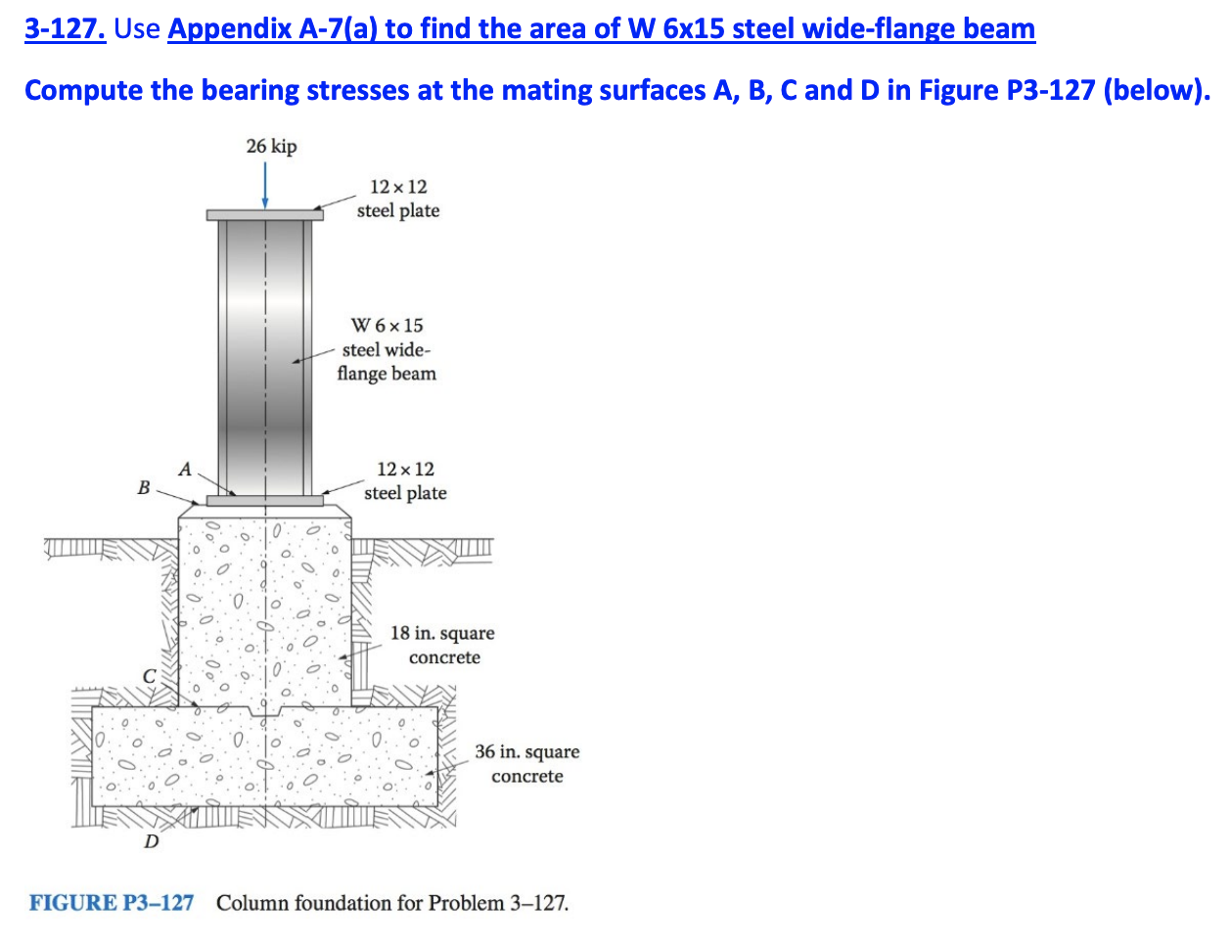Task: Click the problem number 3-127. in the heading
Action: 65,29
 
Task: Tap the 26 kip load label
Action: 271,146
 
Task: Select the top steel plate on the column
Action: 264,214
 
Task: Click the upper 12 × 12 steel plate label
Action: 398,199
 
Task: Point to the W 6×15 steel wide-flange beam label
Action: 387,349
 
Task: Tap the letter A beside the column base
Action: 185,469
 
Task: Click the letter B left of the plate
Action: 144,487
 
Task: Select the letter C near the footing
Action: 149,675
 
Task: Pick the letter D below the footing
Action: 151,840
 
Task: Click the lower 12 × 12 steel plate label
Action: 405,481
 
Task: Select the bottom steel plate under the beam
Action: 264,501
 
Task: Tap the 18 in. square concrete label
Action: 442,645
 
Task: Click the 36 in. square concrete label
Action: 526,764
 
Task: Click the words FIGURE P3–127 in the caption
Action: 112,902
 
